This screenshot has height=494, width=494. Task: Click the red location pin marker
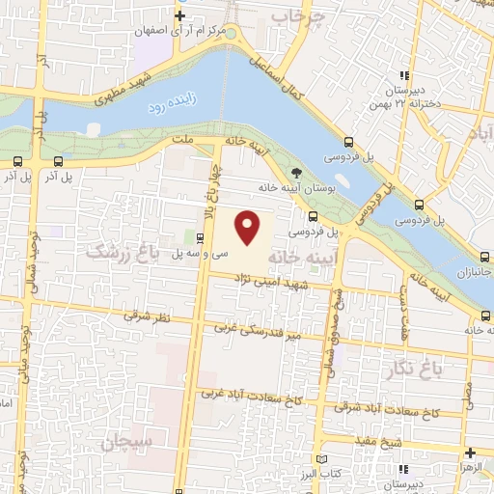[249, 228]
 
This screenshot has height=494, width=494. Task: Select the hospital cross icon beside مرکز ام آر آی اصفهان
[179, 15]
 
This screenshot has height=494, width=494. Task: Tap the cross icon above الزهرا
[470, 453]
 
